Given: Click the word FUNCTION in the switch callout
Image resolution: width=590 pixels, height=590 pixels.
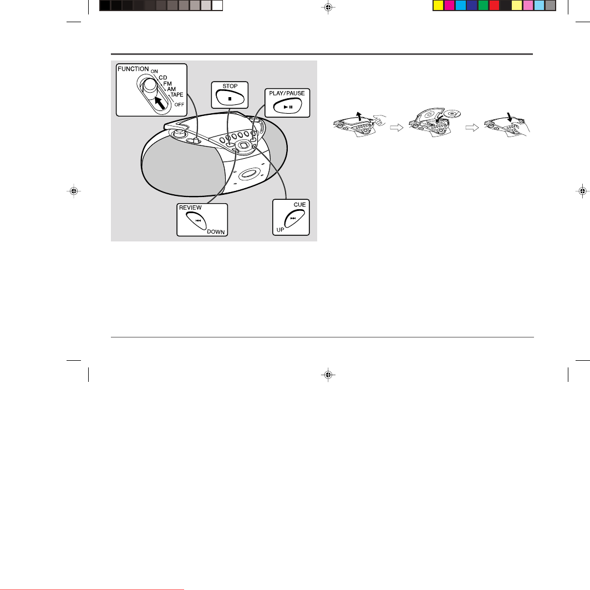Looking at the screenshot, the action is (133, 69).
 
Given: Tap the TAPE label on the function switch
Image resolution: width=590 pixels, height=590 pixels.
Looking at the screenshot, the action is (177, 94).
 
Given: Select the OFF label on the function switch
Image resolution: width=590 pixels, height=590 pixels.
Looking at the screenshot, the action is (179, 104).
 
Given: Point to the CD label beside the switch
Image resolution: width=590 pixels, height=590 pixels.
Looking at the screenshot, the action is (163, 78).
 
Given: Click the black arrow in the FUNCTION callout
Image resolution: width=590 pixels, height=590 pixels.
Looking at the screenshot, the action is (160, 103).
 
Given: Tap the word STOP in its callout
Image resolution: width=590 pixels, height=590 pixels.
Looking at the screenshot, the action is (230, 86).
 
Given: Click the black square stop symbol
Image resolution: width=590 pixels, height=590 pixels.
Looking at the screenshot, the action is (230, 99).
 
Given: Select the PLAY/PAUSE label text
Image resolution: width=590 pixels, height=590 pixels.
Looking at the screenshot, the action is (287, 93).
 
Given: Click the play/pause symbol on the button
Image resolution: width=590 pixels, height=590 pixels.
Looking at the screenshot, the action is (288, 107).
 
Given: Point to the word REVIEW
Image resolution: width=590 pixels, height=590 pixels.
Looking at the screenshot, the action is (190, 208).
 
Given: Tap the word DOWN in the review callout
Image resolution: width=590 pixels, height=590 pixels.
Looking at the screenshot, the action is (216, 231).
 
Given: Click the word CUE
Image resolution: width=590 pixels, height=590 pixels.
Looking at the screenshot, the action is (299, 204).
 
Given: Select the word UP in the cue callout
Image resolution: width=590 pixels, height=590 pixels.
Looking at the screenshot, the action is (281, 230).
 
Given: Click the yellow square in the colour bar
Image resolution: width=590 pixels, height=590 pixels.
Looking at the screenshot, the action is (438, 5).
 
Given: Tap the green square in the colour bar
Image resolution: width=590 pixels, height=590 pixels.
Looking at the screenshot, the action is (483, 5).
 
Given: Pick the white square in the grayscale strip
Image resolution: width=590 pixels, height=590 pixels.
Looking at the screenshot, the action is (217, 5).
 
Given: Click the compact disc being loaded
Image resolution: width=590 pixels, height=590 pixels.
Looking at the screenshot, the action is (452, 113).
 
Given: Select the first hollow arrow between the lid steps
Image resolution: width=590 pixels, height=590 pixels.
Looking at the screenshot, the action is (396, 128).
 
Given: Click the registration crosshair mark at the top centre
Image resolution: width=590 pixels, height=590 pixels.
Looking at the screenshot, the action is (328, 7).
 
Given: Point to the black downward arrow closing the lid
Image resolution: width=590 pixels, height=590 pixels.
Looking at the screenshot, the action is (510, 117).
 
